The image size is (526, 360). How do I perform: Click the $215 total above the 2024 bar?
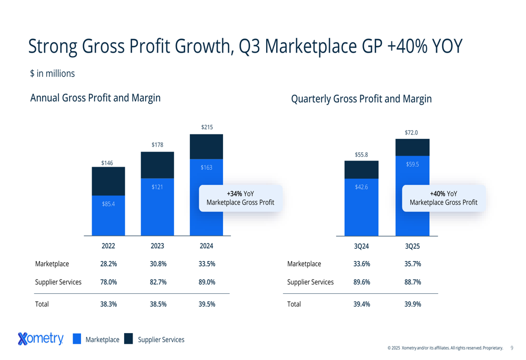pos(207,127)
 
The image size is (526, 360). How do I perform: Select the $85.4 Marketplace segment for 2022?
pos(108,215)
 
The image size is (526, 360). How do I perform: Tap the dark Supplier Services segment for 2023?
pos(157,165)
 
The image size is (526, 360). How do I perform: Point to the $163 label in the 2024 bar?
pos(206,168)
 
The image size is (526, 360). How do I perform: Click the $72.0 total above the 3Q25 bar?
pos(411,132)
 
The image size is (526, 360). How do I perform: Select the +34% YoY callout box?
pos(240,198)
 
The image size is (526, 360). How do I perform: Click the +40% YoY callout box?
pos(443,198)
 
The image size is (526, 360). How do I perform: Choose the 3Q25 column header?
pos(412,245)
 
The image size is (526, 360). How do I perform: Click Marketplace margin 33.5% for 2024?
pos(207,264)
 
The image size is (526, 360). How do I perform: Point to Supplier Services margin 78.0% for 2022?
pos(108,282)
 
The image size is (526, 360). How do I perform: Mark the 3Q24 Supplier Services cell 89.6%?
pos(361,282)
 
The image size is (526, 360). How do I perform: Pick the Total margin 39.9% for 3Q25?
pos(412,304)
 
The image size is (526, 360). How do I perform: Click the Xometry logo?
pos(41,339)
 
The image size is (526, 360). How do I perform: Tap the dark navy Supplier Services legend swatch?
pos(128,339)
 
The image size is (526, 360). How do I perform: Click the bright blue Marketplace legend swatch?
pos(77,339)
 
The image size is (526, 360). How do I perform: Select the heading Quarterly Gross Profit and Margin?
pos(361,99)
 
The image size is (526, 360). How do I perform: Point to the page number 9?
pos(512,347)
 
